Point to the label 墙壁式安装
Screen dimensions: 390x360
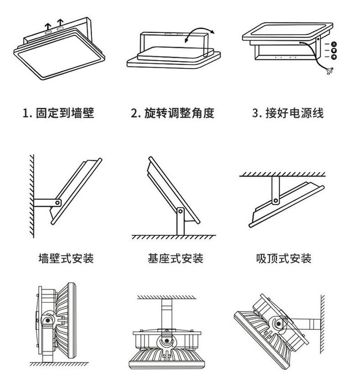point(66,259)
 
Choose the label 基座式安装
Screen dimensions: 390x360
point(175,259)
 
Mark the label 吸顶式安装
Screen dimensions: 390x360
point(283,259)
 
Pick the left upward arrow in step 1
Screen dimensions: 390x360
point(47,25)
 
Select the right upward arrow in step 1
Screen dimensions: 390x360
point(60,23)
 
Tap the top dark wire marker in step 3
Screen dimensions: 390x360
point(334,44)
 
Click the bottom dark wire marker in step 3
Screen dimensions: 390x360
point(334,57)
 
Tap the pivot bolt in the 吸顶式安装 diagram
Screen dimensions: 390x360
point(275,200)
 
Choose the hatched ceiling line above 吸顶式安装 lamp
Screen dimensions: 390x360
point(283,174)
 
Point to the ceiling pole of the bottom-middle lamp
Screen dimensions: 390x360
point(167,312)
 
